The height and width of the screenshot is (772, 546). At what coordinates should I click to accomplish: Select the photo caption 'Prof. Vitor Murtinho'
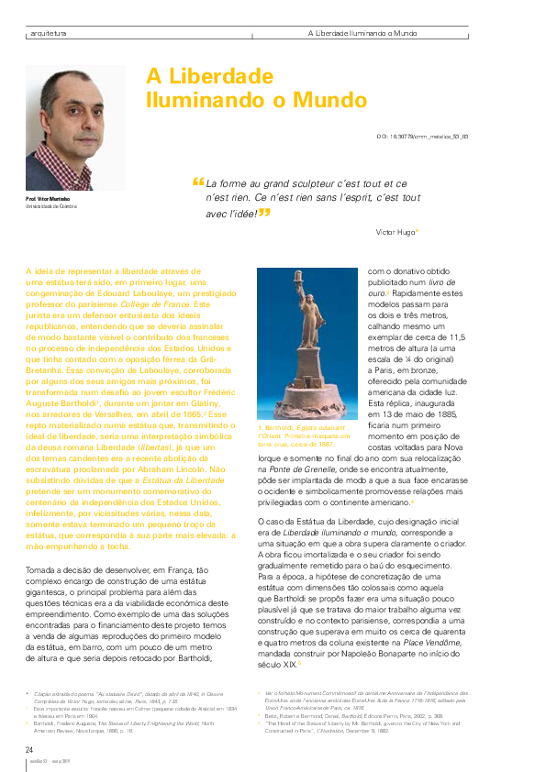coord(48,199)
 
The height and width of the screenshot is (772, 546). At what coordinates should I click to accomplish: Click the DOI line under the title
coord(422,136)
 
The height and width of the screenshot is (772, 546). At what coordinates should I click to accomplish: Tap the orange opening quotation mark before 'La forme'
coord(198,182)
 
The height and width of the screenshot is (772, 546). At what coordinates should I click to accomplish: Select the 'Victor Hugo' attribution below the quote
coord(396,232)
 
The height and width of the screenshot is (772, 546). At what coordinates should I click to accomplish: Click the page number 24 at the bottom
coord(30,750)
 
